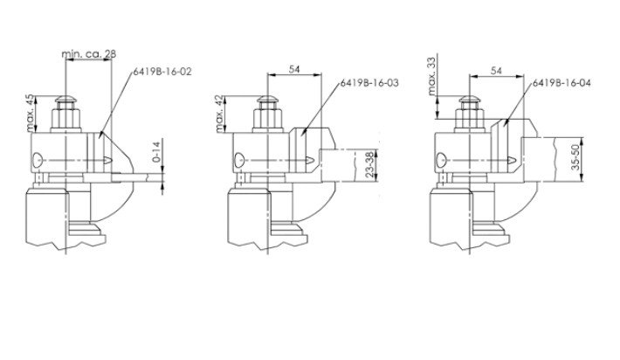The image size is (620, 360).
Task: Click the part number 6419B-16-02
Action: pos(162,72)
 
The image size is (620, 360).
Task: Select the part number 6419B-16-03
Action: pos(369,83)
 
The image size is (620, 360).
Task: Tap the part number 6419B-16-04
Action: pos(561,83)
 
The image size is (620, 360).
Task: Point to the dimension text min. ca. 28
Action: pos(89,54)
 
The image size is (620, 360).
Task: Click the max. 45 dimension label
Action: pos(31,113)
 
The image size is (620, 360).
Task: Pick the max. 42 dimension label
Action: pos(221,114)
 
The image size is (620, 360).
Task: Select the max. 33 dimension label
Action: pos(432,76)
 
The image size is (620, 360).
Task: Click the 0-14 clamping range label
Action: pos(156,151)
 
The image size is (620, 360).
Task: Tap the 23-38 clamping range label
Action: pos(369,164)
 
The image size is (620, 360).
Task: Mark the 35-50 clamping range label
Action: pos(575,157)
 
